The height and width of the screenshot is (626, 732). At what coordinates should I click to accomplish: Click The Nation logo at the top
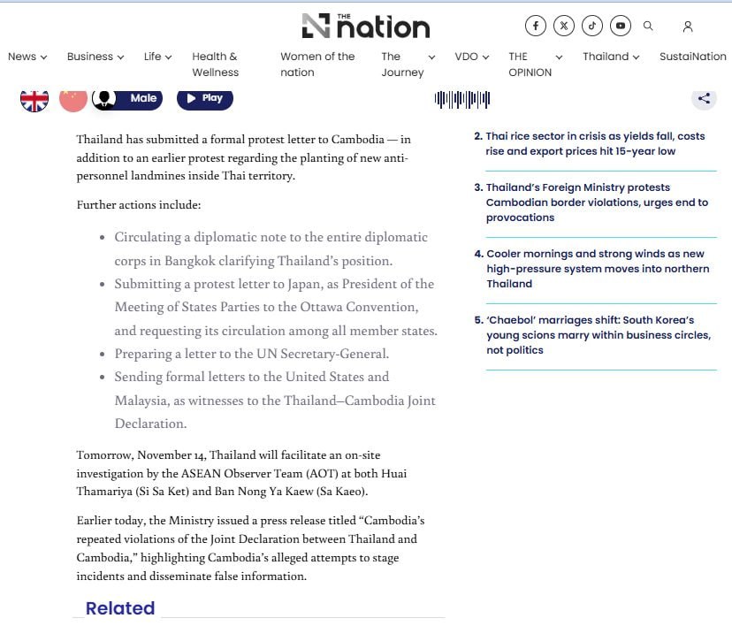click(365, 27)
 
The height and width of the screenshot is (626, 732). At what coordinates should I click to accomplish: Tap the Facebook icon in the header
click(536, 26)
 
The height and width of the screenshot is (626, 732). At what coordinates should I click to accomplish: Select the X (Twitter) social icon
click(564, 26)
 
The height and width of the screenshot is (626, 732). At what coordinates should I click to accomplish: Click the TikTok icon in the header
click(592, 26)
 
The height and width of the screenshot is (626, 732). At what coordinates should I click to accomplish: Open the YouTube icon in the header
click(621, 26)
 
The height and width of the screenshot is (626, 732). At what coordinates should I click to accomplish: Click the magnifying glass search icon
click(648, 27)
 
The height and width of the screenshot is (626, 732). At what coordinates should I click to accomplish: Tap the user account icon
click(688, 27)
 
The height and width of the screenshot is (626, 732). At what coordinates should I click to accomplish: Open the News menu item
click(27, 57)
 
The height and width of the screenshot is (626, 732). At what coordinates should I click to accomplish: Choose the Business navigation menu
click(95, 57)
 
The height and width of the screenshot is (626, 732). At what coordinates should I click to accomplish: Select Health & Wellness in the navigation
click(215, 64)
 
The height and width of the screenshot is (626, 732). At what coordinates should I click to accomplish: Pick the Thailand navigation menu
click(611, 57)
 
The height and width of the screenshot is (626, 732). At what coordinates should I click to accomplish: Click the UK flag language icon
click(34, 98)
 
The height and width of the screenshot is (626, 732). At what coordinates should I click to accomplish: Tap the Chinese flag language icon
click(73, 98)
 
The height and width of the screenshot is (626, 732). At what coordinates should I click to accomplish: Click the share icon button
click(704, 98)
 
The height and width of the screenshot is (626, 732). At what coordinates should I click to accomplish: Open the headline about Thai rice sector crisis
click(595, 144)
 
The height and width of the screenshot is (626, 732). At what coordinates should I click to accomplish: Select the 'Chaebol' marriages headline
click(598, 335)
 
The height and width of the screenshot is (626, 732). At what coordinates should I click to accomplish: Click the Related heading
click(120, 608)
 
